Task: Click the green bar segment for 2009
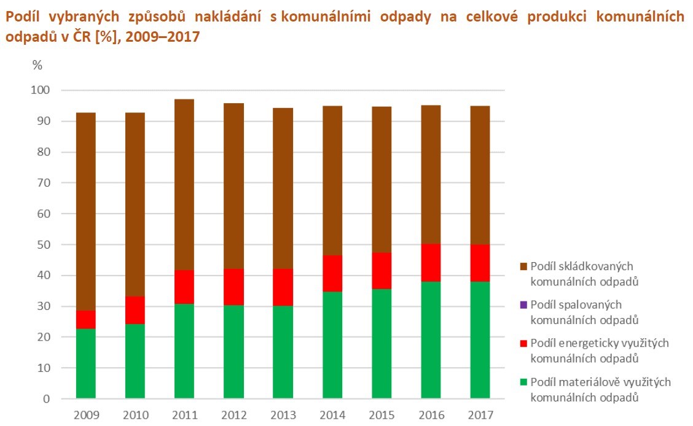[x=86, y=363]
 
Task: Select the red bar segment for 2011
[x=184, y=287]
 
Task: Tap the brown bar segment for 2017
[x=480, y=176]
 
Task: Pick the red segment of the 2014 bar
[x=332, y=273]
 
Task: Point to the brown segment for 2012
[x=234, y=186]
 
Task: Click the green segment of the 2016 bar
[x=431, y=340]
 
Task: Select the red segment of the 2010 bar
[x=135, y=310]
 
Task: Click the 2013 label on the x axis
[x=283, y=415]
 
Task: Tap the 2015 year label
[x=382, y=415]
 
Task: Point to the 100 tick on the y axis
[x=40, y=90]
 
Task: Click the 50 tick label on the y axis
[x=44, y=244]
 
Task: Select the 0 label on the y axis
[x=47, y=398]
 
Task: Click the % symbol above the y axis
[x=37, y=65]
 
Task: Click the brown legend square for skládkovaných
[x=523, y=266]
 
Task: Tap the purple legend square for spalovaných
[x=523, y=304]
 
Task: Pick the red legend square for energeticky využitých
[x=523, y=343]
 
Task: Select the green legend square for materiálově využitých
[x=523, y=382]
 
